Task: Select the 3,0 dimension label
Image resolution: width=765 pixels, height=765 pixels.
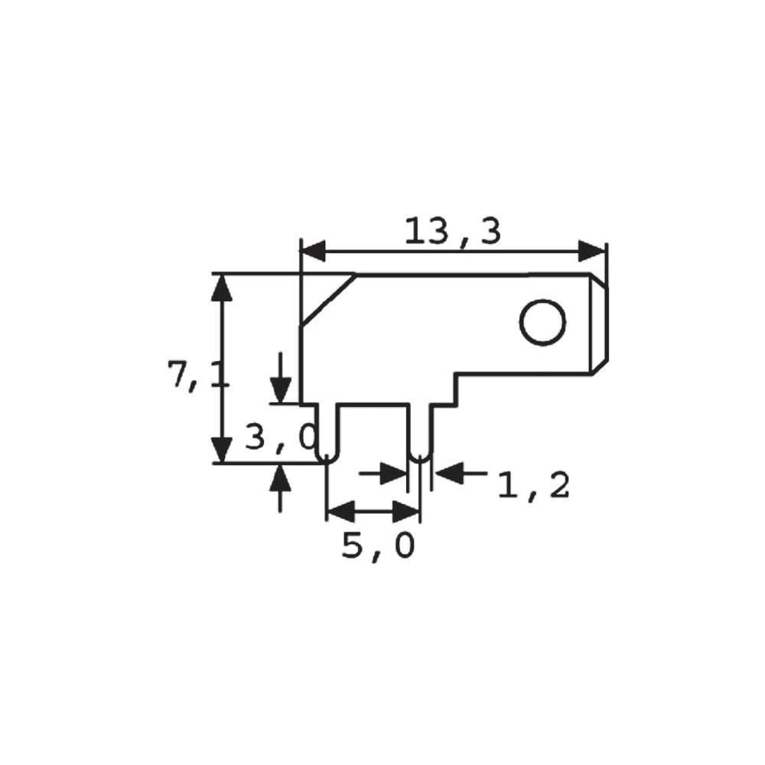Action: tap(279, 437)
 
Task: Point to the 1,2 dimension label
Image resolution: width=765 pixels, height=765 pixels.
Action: tap(533, 485)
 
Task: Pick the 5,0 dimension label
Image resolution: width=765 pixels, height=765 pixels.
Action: tap(378, 546)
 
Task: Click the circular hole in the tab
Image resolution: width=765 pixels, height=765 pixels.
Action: tap(543, 322)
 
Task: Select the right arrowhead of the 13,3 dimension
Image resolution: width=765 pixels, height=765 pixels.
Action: tap(591, 251)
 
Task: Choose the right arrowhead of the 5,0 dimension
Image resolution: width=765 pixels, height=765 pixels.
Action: tap(406, 510)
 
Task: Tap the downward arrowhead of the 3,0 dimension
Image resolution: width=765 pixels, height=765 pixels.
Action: tap(281, 391)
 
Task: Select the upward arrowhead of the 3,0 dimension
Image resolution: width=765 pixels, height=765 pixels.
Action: tap(281, 477)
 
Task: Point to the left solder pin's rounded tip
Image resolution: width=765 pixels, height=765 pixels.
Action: tap(327, 457)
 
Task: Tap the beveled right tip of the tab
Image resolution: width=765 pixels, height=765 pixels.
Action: tap(601, 324)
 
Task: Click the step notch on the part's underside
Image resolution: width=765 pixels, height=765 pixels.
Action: tap(457, 389)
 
